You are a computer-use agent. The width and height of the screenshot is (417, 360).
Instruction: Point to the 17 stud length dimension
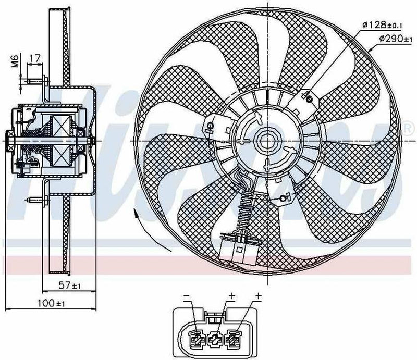[35, 58]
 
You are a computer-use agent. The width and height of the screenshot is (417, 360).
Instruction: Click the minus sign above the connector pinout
[186, 296]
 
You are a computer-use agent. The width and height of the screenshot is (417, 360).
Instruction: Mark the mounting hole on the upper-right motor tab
[309, 98]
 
